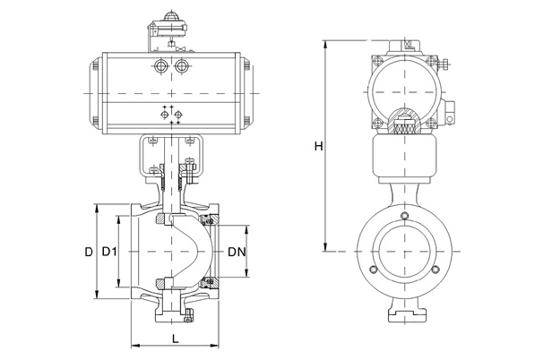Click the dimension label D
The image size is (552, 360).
click(x=89, y=253)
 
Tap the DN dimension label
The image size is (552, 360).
click(x=237, y=253)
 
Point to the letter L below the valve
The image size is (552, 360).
click(x=175, y=338)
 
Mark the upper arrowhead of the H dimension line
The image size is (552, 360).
click(x=326, y=43)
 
